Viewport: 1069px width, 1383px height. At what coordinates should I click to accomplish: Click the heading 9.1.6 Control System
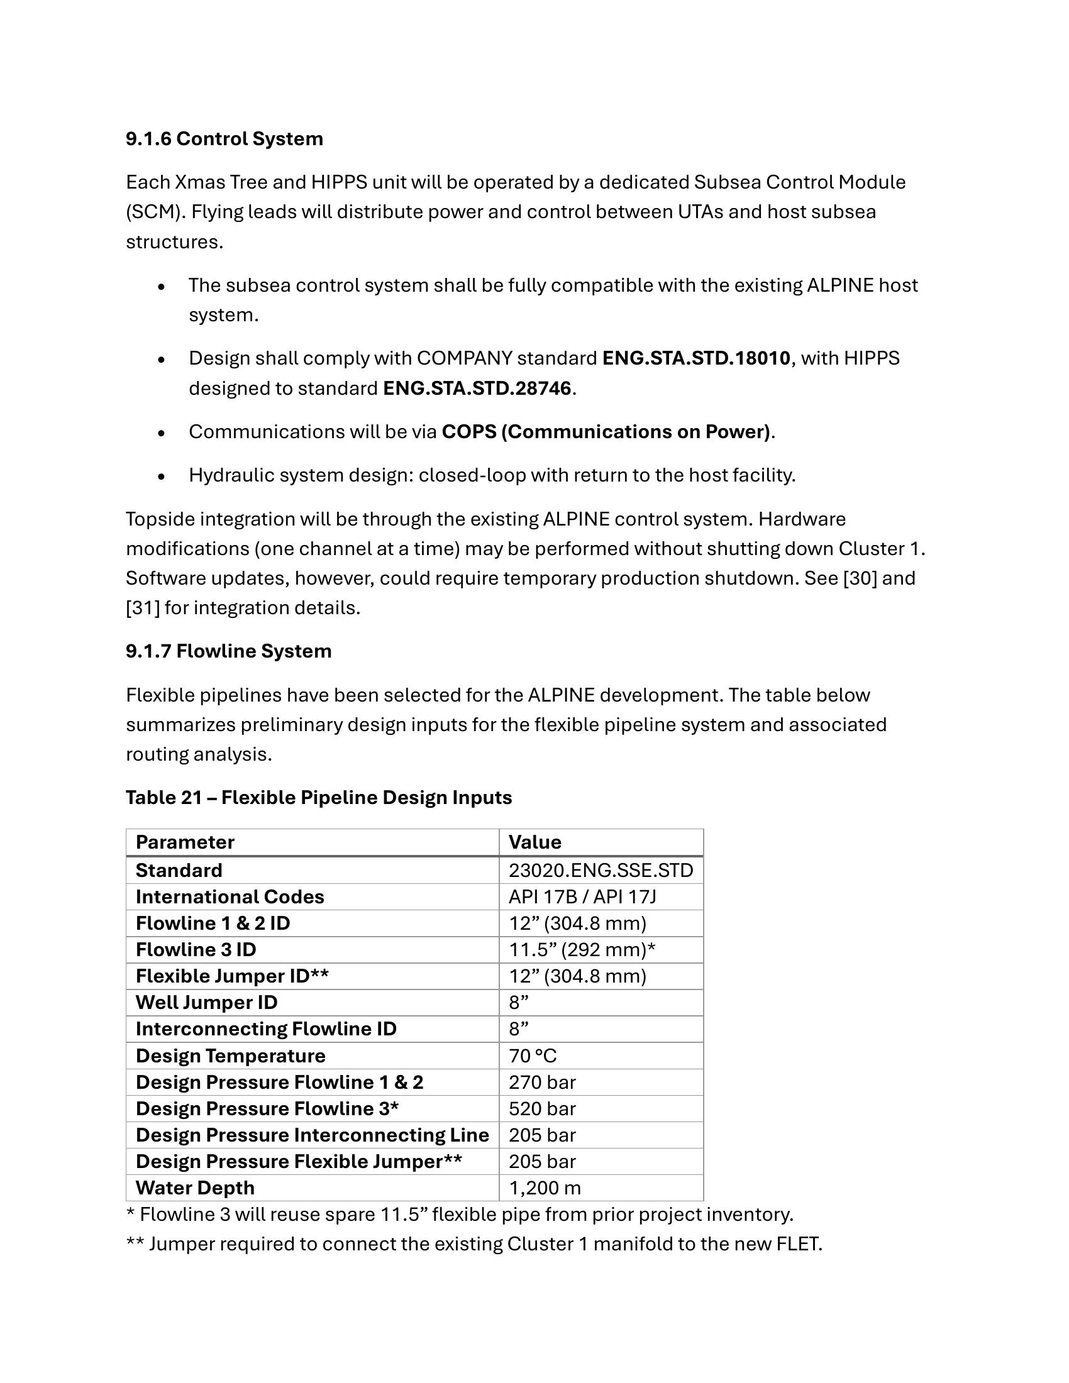224,139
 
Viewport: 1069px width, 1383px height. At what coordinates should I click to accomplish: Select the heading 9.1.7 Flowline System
228,651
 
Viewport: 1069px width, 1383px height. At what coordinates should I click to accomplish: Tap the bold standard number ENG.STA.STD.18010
695,358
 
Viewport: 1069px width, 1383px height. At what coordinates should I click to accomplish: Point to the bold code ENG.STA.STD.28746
477,388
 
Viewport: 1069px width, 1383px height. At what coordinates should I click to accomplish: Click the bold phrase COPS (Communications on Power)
606,432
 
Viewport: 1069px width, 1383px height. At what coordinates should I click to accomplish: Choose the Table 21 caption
319,797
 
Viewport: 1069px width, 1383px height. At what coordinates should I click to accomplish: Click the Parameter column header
185,842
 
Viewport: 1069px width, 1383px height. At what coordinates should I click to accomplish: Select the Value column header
534,842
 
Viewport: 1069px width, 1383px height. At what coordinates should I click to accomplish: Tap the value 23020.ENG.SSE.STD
601,871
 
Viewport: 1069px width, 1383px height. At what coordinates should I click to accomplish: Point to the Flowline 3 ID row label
196,950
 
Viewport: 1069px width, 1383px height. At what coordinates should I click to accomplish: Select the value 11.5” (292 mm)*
582,950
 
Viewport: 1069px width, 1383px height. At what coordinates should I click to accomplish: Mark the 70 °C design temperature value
533,1056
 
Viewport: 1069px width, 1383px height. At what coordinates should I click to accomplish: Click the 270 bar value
542,1083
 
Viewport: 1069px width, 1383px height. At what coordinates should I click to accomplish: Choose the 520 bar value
542,1109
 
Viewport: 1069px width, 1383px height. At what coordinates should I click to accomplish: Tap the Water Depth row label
195,1188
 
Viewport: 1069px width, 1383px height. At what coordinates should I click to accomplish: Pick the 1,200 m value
545,1188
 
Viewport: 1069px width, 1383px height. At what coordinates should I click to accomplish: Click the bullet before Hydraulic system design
162,477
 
